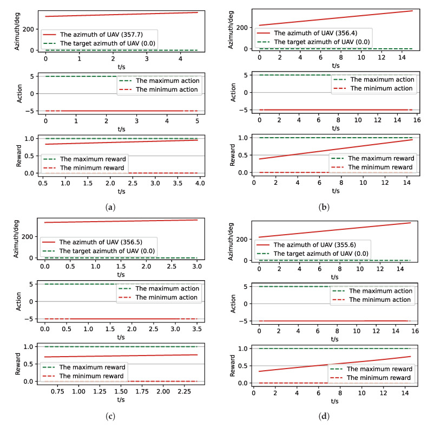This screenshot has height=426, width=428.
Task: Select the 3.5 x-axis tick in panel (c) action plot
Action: [x=196, y=328]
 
